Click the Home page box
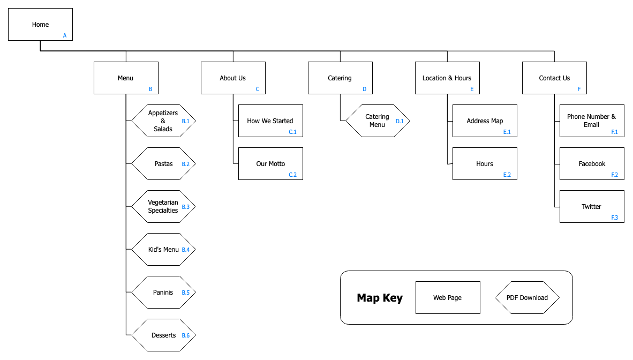(40, 24)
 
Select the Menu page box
(126, 78)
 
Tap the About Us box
(233, 78)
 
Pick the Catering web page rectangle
(340, 78)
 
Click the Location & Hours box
(447, 78)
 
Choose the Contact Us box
(554, 78)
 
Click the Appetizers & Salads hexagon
(163, 121)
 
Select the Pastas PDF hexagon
(163, 163)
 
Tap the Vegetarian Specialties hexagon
(163, 206)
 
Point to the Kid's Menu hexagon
(163, 249)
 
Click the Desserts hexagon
(163, 335)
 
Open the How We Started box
(270, 121)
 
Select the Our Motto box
(270, 163)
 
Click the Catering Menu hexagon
(378, 121)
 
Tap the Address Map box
(485, 121)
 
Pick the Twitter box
(592, 206)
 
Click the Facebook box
(592, 163)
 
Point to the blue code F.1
(614, 132)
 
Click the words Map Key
(380, 298)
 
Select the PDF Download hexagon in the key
(527, 297)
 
